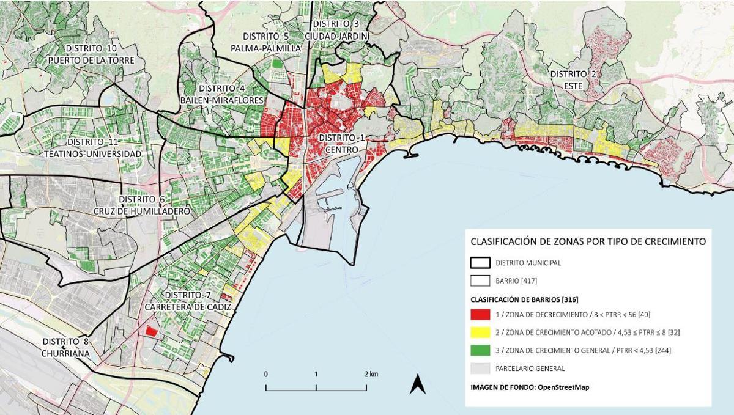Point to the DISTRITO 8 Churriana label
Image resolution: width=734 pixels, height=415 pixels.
pyautogui.click(x=65, y=347)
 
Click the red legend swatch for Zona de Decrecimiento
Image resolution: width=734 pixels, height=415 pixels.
pyautogui.click(x=480, y=316)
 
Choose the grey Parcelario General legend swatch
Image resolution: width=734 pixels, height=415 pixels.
pyautogui.click(x=480, y=369)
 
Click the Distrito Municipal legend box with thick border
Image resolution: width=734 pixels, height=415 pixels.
pyautogui.click(x=480, y=263)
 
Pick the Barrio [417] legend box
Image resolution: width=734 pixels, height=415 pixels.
pyautogui.click(x=480, y=281)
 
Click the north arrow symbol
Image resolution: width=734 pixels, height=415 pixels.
pyautogui.click(x=418, y=384)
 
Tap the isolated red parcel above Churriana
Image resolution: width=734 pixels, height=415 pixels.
pyautogui.click(x=150, y=331)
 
